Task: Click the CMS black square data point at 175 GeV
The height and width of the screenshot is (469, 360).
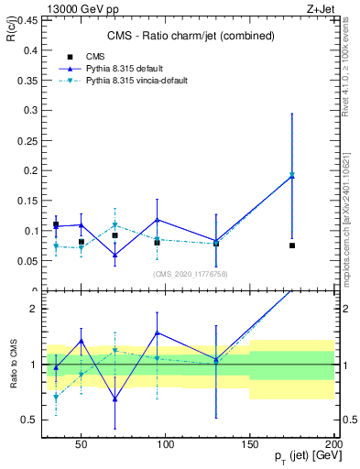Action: [291, 245]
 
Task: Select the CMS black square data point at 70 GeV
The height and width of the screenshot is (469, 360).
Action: [115, 235]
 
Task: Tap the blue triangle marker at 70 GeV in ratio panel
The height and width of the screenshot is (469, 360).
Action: [115, 398]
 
